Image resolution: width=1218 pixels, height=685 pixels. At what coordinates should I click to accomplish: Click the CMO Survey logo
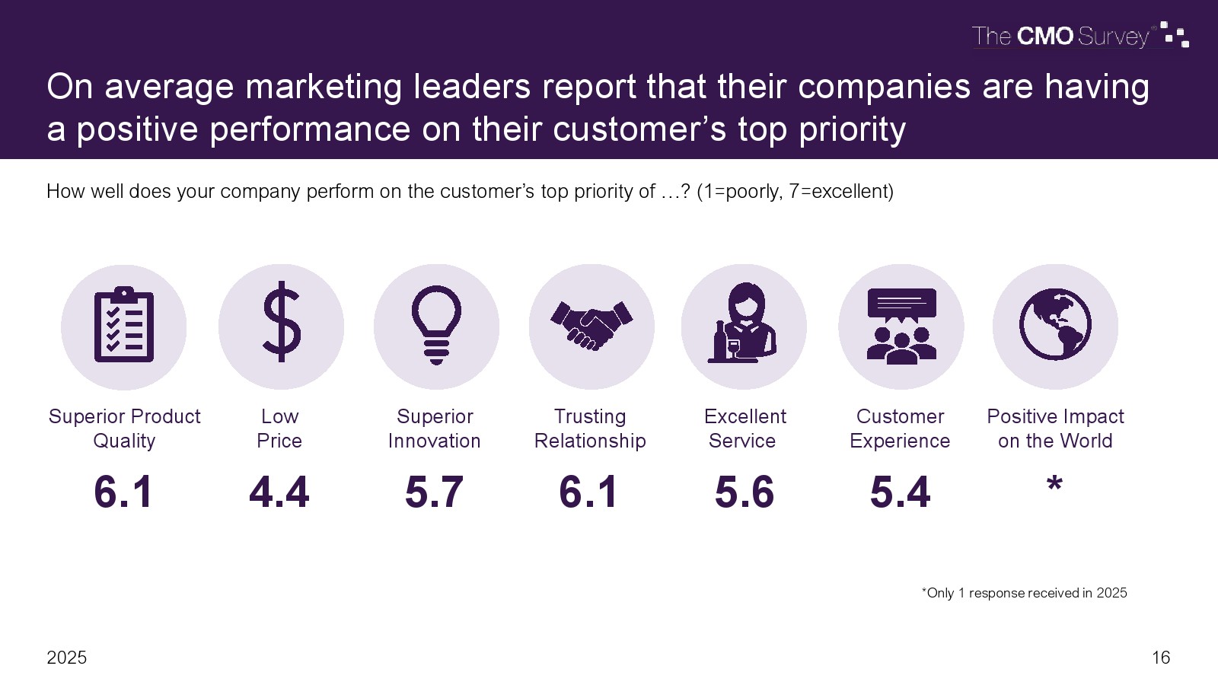1079,36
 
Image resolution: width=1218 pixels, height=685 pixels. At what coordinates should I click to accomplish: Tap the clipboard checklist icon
124,326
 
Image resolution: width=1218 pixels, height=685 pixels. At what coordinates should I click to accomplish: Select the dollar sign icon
281,322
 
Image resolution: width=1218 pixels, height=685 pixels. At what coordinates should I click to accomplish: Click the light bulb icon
436,325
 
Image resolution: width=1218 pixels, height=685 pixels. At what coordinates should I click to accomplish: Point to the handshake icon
591,326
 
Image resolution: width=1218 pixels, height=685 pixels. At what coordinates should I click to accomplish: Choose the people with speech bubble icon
901,326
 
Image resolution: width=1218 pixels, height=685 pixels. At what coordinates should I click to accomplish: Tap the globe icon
1055,324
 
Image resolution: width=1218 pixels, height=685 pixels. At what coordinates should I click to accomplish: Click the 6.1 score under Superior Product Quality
123,492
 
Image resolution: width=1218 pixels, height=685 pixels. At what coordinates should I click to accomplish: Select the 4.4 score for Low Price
279,492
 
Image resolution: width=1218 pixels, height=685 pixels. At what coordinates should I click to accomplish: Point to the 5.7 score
434,492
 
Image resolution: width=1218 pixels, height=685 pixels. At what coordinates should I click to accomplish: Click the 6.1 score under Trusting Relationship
588,492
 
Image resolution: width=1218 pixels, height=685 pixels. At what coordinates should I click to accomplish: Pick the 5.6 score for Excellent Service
745,492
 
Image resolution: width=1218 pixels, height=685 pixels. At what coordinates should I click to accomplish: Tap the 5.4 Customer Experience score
901,492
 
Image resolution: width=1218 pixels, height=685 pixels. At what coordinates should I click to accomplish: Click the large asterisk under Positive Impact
1054,484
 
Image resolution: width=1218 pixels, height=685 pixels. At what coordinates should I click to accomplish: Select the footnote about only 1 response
1024,593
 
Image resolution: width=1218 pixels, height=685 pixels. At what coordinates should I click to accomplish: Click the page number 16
1161,658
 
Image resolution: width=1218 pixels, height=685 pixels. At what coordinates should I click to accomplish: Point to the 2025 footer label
67,658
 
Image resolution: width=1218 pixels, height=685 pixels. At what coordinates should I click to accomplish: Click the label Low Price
279,429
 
